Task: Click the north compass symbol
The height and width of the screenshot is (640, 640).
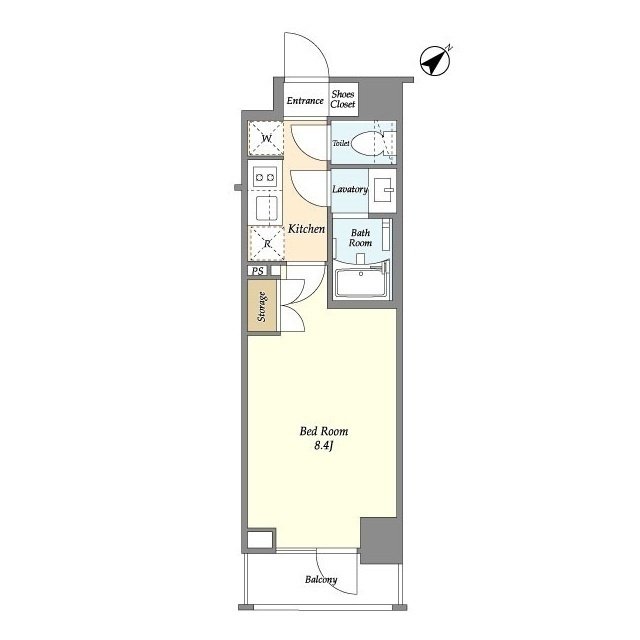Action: [435, 61]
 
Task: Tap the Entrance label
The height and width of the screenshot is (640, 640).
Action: [305, 100]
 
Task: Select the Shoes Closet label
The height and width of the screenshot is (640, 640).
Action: [343, 99]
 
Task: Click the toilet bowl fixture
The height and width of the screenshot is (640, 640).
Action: [367, 144]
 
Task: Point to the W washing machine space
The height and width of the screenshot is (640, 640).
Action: [266, 138]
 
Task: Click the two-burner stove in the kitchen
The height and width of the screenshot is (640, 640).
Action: [265, 177]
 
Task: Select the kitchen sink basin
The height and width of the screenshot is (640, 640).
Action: [267, 208]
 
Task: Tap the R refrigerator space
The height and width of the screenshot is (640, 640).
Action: [267, 243]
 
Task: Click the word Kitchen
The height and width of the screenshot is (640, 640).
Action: [307, 229]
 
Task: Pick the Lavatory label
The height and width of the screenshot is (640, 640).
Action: [350, 189]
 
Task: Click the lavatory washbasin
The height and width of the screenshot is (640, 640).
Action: [382, 190]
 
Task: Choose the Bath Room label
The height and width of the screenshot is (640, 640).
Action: [360, 238]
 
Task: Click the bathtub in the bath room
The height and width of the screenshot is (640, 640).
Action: [361, 282]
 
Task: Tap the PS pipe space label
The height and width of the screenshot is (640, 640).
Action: [257, 271]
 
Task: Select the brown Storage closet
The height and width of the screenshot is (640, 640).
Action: [262, 306]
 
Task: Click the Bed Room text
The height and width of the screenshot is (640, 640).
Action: [324, 431]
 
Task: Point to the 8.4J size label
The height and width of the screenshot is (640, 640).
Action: [324, 446]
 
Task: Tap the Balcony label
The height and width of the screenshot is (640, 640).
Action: [321, 580]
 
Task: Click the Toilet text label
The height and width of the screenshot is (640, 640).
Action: [341, 143]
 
